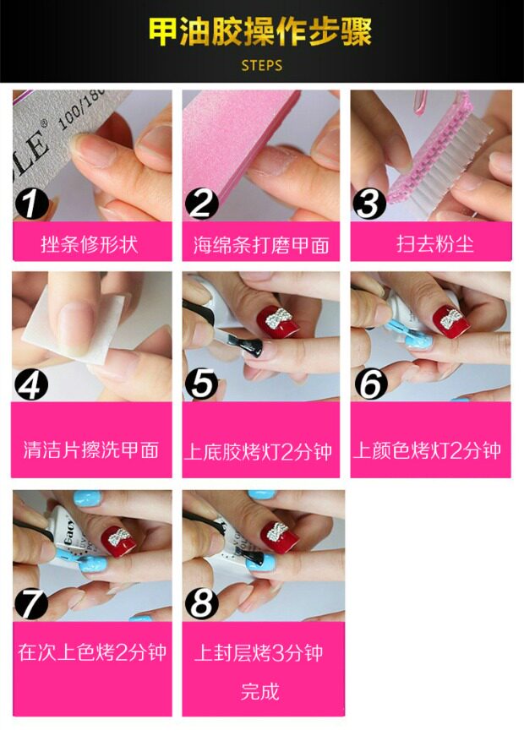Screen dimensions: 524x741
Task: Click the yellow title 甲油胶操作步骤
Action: (x=260, y=31)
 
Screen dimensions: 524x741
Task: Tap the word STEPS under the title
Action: (x=262, y=65)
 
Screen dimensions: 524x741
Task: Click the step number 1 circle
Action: (x=31, y=204)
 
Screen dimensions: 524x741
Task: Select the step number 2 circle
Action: (x=202, y=204)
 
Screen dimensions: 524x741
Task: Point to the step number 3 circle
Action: (x=368, y=204)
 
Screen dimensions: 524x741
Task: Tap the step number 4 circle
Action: (x=31, y=384)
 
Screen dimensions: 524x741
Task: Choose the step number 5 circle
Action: (x=202, y=384)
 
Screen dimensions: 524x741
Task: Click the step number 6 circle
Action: (x=371, y=384)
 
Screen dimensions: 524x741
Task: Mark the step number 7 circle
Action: (x=31, y=603)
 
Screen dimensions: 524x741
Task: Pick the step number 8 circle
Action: (x=202, y=603)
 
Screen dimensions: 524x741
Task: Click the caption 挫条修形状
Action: (x=90, y=244)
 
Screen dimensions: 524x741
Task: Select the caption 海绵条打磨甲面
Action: (x=261, y=245)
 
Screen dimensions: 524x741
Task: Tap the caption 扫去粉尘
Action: (x=435, y=244)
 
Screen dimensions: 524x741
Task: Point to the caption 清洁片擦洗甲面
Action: (x=90, y=450)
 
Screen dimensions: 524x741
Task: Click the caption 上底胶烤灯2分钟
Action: (x=258, y=451)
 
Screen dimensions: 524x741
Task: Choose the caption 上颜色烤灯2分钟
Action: (x=427, y=450)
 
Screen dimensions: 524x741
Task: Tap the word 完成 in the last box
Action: (x=260, y=692)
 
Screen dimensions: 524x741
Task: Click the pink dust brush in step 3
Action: (x=431, y=150)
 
